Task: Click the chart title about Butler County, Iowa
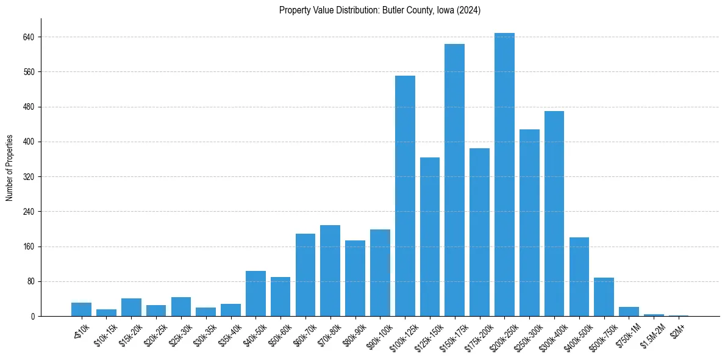point(380,10)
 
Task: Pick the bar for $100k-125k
point(405,196)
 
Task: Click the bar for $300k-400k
point(554,214)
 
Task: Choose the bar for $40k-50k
point(255,293)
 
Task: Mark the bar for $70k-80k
point(330,271)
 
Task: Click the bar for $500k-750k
point(604,297)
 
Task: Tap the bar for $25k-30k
point(181,307)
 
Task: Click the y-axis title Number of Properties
point(10,168)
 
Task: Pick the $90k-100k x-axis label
point(378,333)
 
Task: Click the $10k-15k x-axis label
point(105,333)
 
